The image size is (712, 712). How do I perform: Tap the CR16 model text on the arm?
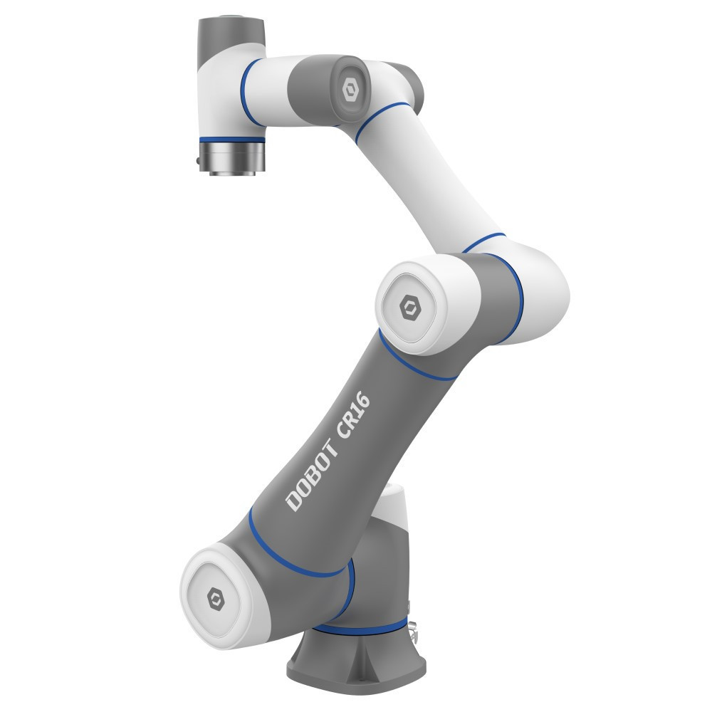[354, 415]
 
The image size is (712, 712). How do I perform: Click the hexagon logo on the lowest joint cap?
[216, 598]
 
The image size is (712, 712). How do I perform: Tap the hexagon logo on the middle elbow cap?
[410, 307]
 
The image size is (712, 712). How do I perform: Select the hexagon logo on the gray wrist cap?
[350, 90]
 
